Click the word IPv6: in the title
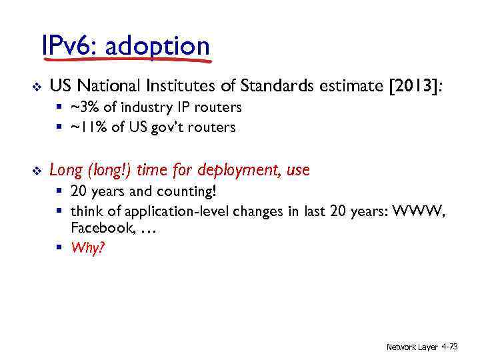(x=70, y=47)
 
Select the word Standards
(x=269, y=86)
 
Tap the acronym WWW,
(x=421, y=212)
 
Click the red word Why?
(x=87, y=247)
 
